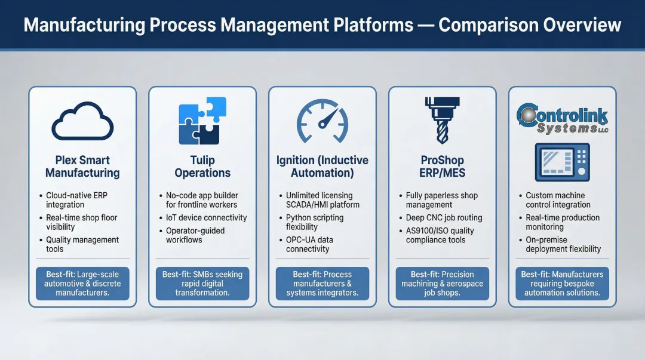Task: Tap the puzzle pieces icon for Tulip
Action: [x=202, y=121]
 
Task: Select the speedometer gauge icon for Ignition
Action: [x=322, y=121]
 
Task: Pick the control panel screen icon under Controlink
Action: [x=562, y=162]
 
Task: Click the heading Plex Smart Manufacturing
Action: [x=82, y=167]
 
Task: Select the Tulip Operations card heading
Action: [x=202, y=167]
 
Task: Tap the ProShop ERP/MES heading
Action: [x=442, y=167]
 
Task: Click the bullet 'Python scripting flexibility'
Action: [x=315, y=222]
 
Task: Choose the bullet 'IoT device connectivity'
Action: [x=206, y=218]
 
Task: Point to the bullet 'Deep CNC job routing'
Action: [x=444, y=218]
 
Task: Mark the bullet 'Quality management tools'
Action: [x=82, y=244]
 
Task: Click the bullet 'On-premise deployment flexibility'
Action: [x=563, y=244]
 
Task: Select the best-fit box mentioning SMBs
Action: [x=202, y=284]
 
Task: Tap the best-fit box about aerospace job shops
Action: [x=442, y=284]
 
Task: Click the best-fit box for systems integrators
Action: [x=322, y=284]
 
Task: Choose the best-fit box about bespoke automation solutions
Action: [x=562, y=284]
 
